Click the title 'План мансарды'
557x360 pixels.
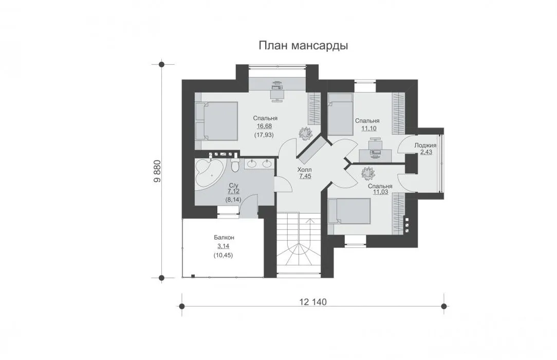[x=303, y=46]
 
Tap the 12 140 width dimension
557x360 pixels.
[x=313, y=302]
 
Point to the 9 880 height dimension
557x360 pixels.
[x=157, y=171]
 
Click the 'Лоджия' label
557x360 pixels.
[x=425, y=146]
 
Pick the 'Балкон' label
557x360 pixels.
[x=224, y=238]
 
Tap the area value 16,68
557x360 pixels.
[x=264, y=126]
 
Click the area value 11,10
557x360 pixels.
[x=369, y=129]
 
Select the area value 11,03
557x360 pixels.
[x=380, y=192]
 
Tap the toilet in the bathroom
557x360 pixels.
[x=235, y=164]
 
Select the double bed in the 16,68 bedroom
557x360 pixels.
[x=216, y=121]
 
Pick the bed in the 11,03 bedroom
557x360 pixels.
[x=349, y=210]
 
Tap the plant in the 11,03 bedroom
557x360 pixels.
[x=368, y=174]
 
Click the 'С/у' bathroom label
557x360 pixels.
[x=233, y=186]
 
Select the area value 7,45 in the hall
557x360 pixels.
[x=305, y=176]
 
